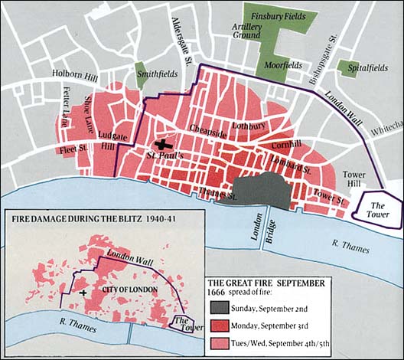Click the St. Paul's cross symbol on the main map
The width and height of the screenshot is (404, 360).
[x=162, y=143]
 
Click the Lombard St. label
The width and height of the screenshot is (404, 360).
[x=288, y=164]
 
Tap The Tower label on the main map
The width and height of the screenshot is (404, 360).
[x=377, y=210]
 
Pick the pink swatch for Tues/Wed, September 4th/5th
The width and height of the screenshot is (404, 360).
[x=222, y=345]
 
